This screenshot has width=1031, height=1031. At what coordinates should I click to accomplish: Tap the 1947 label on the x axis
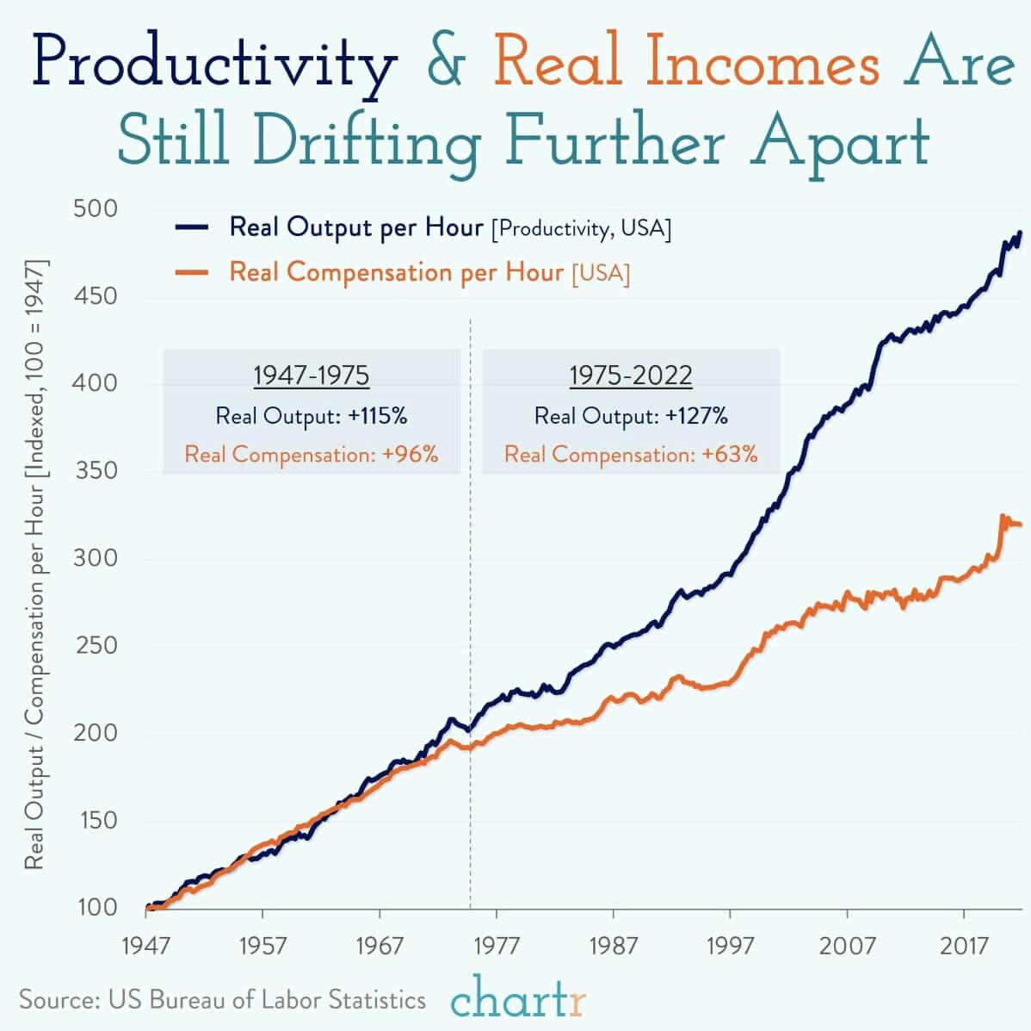point(145,947)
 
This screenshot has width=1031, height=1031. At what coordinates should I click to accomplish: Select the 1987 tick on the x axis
point(613,947)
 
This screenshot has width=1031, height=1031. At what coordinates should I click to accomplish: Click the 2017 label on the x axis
point(964,947)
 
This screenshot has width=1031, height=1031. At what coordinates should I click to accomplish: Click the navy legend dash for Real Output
point(192,228)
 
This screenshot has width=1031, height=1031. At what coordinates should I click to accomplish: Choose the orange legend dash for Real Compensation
point(192,273)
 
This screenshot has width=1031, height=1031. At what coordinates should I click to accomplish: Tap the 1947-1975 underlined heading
point(311,376)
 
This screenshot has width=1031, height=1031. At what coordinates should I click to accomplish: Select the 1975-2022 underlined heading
point(630,376)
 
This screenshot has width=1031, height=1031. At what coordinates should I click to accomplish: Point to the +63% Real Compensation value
point(730,455)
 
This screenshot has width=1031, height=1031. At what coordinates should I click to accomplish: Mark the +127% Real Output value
point(696,416)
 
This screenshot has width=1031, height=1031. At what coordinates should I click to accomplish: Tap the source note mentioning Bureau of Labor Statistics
point(222,999)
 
